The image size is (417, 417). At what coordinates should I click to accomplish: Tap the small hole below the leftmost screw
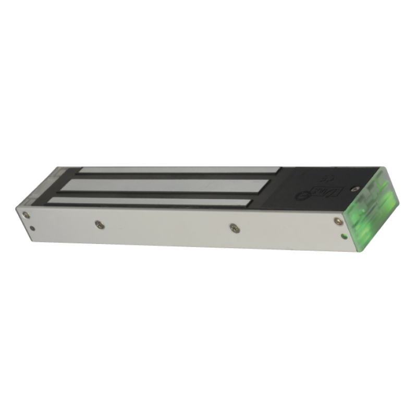click(x=33, y=227)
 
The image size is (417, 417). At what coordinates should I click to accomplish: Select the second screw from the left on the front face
click(x=99, y=224)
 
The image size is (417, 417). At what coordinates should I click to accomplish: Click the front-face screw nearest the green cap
click(x=338, y=220)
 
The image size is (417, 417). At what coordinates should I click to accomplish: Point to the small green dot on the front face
click(x=344, y=236)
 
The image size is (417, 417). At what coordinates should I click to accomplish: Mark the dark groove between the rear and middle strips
click(x=172, y=177)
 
